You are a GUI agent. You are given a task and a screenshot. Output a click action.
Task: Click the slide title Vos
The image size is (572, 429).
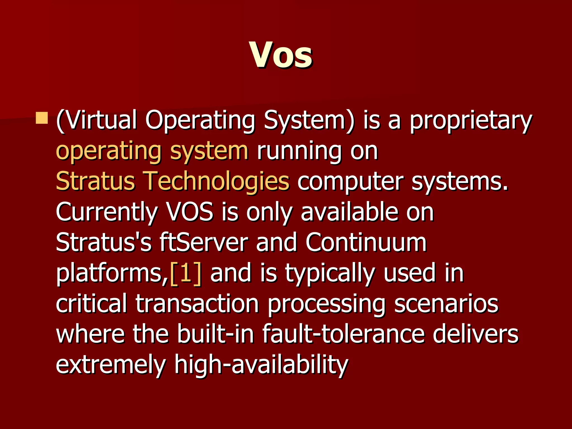coord(281,55)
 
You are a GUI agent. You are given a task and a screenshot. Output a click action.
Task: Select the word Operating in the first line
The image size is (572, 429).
coord(200,121)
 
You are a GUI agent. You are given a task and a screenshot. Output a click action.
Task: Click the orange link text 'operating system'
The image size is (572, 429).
coord(152,151)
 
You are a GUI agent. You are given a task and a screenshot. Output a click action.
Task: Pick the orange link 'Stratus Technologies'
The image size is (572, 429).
coord(173,181)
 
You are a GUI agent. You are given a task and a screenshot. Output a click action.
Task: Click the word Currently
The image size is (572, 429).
coord(107,212)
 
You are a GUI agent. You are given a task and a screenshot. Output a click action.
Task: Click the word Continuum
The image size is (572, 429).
coord(366,242)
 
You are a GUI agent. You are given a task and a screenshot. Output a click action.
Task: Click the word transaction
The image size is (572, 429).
coord(197,304)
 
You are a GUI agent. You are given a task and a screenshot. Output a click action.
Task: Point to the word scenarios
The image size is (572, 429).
coord(446,304)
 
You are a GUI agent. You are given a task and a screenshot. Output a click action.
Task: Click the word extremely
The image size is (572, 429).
coord(111,364)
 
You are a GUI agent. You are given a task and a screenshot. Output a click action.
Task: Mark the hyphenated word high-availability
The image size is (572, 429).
coord(261,364)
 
